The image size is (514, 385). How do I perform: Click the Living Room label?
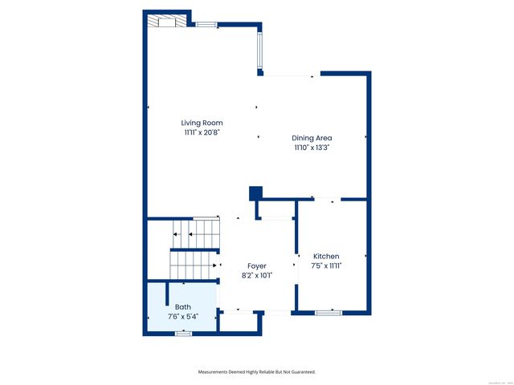pyautogui.click(x=202, y=123)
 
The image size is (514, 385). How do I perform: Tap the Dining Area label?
pyautogui.click(x=312, y=138)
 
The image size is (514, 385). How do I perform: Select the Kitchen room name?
pyautogui.click(x=326, y=257)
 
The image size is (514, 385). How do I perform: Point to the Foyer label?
pyautogui.click(x=257, y=265)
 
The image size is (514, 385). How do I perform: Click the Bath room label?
pyautogui.click(x=183, y=307)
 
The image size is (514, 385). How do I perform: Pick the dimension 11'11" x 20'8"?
pyautogui.click(x=202, y=132)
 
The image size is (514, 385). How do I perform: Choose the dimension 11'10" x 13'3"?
pyautogui.click(x=312, y=148)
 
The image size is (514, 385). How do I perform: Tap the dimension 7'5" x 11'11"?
pyautogui.click(x=326, y=266)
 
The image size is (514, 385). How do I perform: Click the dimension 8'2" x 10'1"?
pyautogui.click(x=257, y=275)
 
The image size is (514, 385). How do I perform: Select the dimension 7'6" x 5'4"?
pyautogui.click(x=183, y=317)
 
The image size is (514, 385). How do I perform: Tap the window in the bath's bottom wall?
pyautogui.click(x=183, y=332)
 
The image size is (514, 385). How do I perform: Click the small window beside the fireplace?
pyautogui.click(x=206, y=25)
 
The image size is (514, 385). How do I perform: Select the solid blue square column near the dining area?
pyautogui.click(x=256, y=192)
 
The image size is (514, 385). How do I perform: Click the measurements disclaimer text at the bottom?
pyautogui.click(x=257, y=372)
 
